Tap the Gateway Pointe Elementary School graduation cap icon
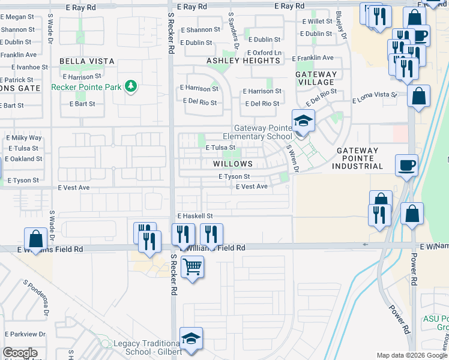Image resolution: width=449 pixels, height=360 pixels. pyautogui.click(x=303, y=122)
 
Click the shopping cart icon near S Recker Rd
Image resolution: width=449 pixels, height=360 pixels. pyautogui.click(x=192, y=266)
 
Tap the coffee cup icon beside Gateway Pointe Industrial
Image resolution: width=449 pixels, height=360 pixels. pyautogui.click(x=406, y=164)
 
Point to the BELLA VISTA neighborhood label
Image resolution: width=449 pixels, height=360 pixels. pyautogui.click(x=82, y=61)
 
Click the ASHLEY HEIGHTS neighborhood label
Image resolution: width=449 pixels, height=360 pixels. pyautogui.click(x=244, y=61)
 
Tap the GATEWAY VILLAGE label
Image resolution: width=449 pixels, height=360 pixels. pyautogui.click(x=316, y=78)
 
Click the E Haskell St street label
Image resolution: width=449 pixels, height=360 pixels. pyautogui.click(x=195, y=215)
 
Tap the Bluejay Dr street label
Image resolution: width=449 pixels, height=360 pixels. pyautogui.click(x=342, y=25)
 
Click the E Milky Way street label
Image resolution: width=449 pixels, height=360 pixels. pyautogui.click(x=24, y=138)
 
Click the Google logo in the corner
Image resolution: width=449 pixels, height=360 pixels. pyautogui.click(x=20, y=353)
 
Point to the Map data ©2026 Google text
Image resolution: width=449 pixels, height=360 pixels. pyautogui.click(x=411, y=355)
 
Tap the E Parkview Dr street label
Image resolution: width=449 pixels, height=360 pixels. pyautogui.click(x=24, y=334)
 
